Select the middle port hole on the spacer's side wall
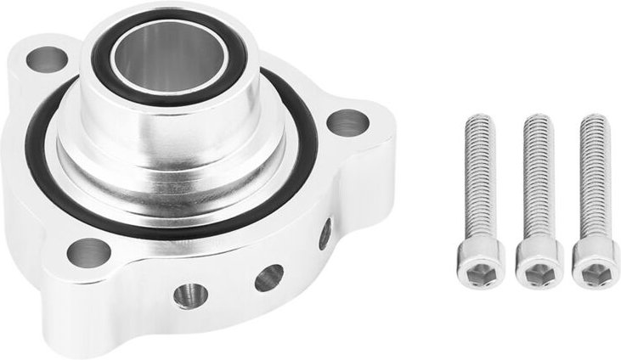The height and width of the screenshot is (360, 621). tap(269, 277)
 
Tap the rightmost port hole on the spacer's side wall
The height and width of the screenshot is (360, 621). tap(325, 234)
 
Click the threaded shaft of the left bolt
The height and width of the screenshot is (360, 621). tap(480, 178)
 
